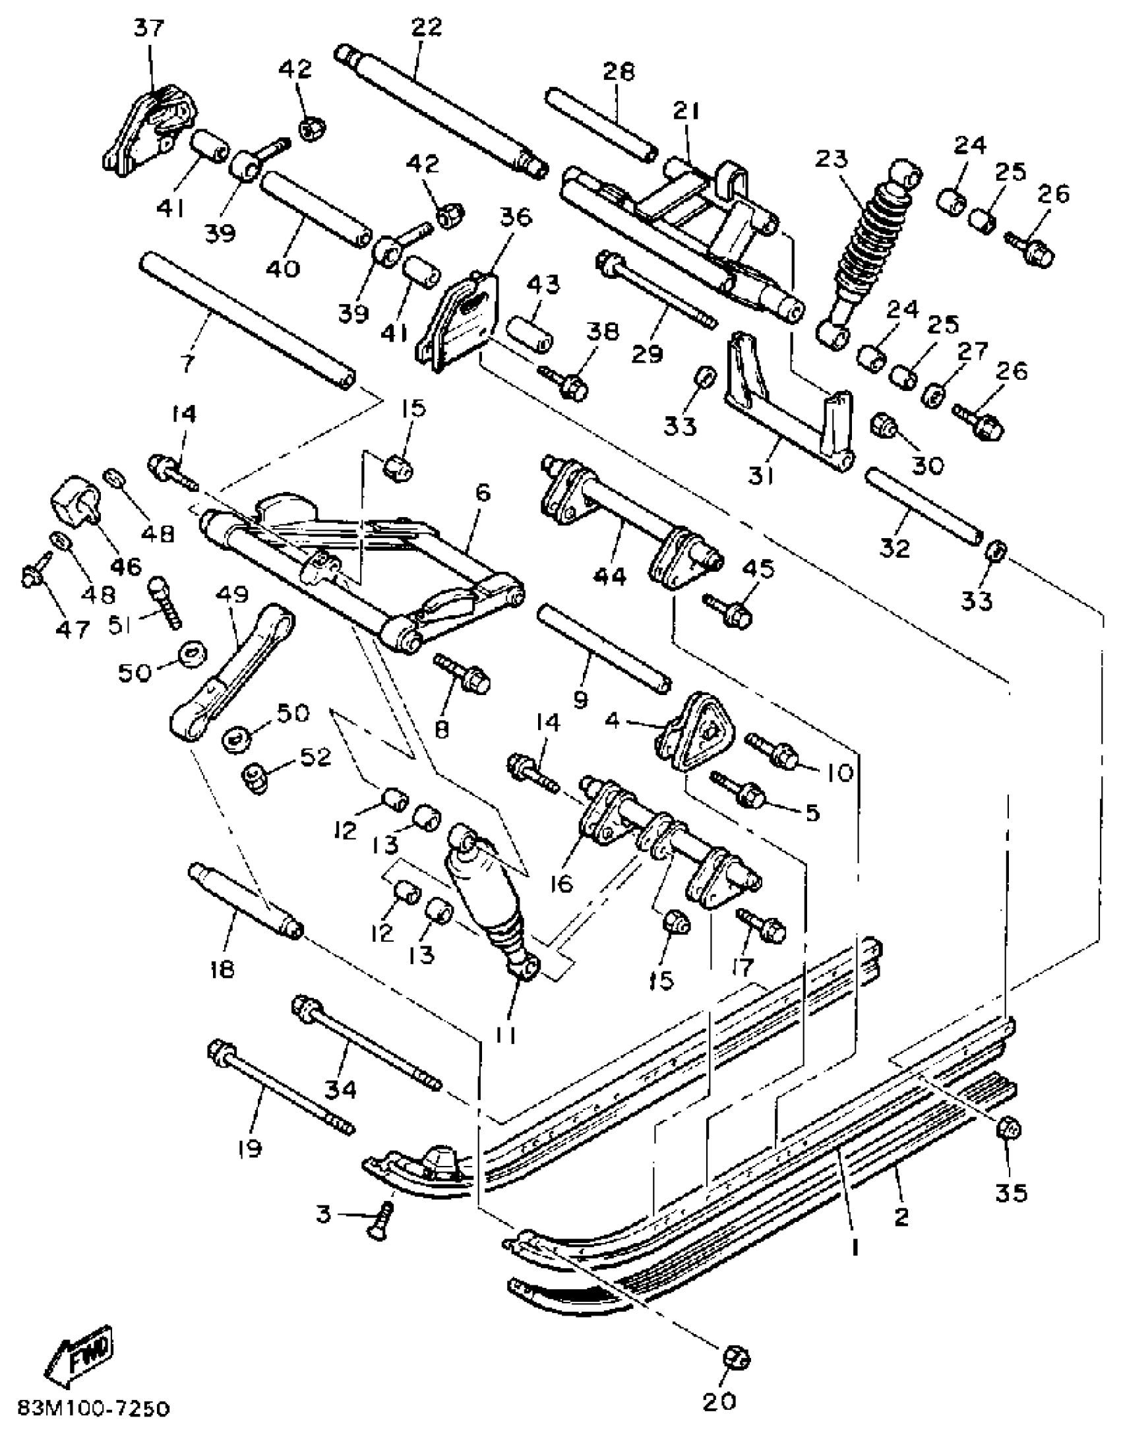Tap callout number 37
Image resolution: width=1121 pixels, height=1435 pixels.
click(150, 28)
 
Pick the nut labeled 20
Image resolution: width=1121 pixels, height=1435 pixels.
click(737, 1359)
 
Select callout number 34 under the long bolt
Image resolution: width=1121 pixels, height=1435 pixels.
click(340, 1089)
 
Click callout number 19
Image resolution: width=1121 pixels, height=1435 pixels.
click(249, 1148)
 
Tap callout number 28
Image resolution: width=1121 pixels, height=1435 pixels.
click(618, 71)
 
